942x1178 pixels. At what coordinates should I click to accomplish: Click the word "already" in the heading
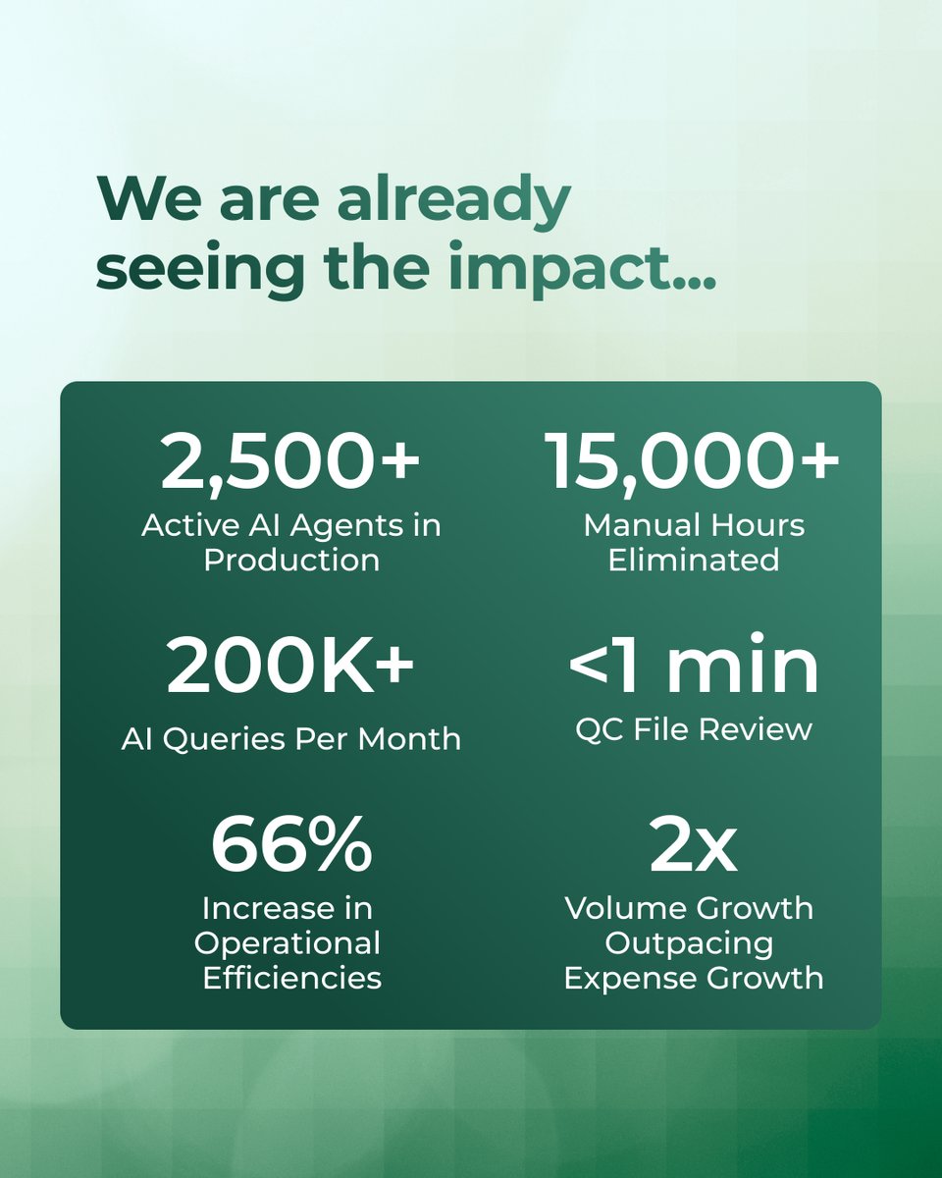tap(453, 199)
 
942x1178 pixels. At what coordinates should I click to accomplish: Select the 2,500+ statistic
tap(290, 462)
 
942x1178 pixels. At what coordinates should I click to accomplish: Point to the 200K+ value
tap(290, 667)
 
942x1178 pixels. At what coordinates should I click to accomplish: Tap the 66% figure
tap(291, 844)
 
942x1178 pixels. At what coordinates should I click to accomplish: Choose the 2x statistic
tap(694, 844)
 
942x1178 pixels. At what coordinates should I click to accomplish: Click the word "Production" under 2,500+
tap(291, 560)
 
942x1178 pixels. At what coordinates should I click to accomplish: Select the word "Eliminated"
tap(694, 560)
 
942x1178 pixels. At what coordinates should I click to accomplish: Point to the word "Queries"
tap(225, 740)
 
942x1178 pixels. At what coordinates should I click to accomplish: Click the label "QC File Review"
tap(694, 729)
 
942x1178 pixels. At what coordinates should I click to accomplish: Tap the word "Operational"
tap(288, 943)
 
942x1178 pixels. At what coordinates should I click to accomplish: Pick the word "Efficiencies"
tap(292, 978)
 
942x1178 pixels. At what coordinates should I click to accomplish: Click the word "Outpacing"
tap(690, 943)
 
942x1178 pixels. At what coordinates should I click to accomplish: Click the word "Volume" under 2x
tap(623, 909)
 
